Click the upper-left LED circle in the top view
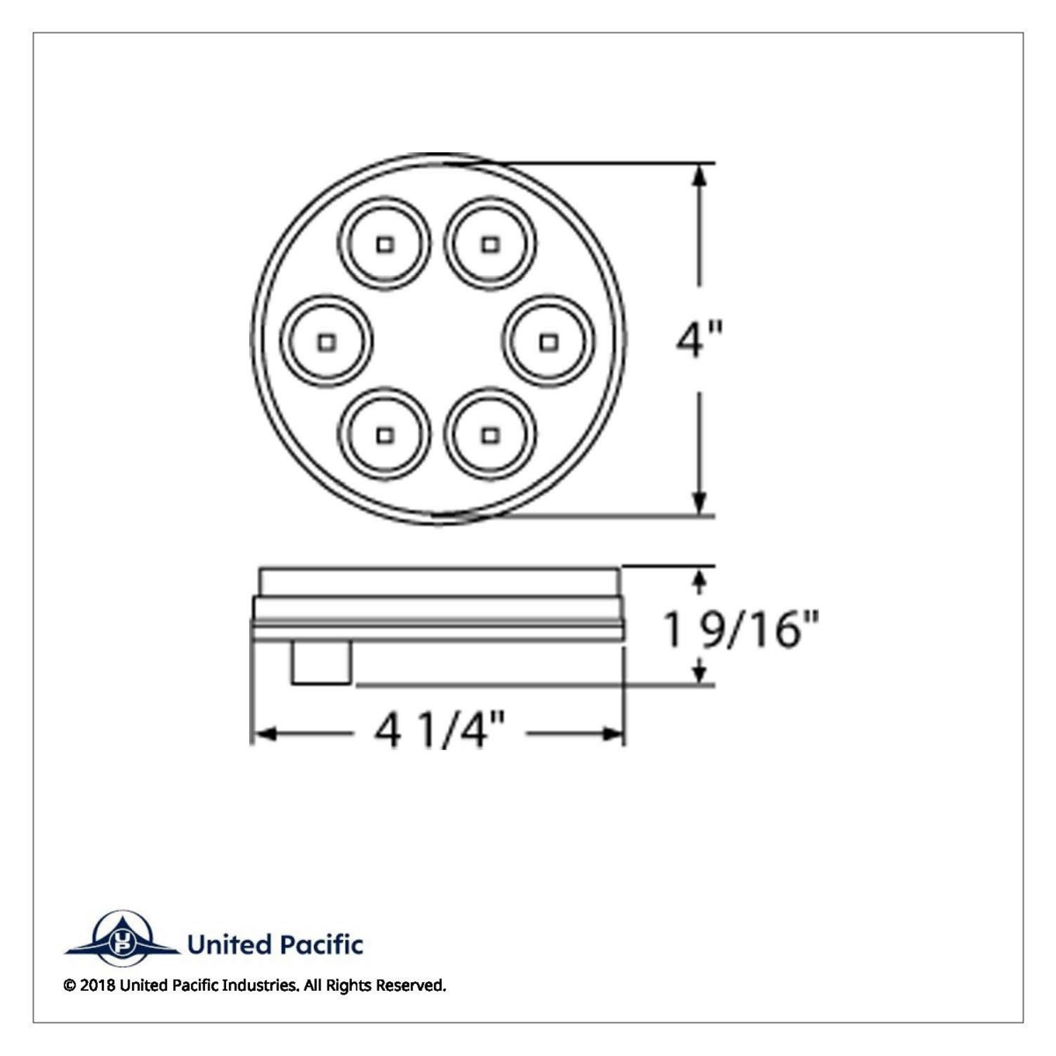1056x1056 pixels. tap(385, 243)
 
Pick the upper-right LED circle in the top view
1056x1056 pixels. tap(490, 243)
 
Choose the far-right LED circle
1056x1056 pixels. tap(548, 340)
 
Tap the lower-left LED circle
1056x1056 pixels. tap(385, 435)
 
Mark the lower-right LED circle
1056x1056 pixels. tap(490, 435)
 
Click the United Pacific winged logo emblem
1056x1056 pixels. tap(120, 939)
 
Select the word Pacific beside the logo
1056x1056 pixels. tap(320, 946)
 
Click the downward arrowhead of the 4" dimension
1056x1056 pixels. tap(700, 503)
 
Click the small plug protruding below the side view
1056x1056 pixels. tap(322, 663)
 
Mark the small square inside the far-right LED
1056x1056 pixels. tap(548, 340)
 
